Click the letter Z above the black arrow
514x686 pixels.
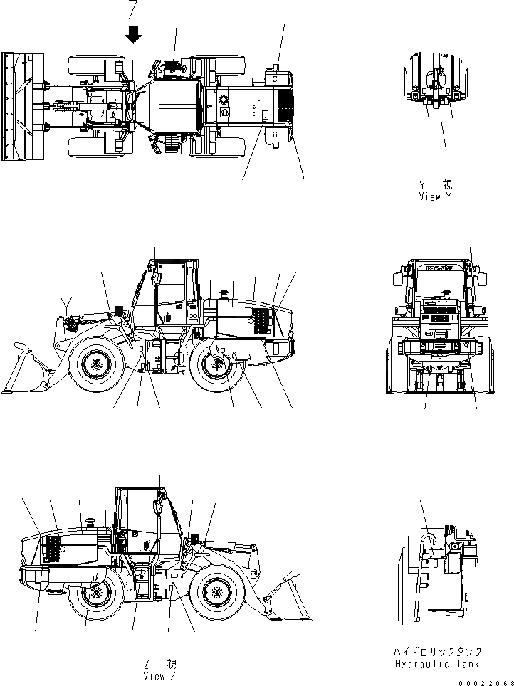pos(133,10)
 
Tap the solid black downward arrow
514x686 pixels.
pos(133,34)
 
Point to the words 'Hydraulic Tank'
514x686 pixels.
pos(437,663)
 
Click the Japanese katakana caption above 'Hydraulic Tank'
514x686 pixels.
pos(437,651)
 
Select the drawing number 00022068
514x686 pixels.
pos(488,681)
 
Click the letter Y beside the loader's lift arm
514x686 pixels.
pos(65,302)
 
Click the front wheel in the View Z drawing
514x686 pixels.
pos(219,590)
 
